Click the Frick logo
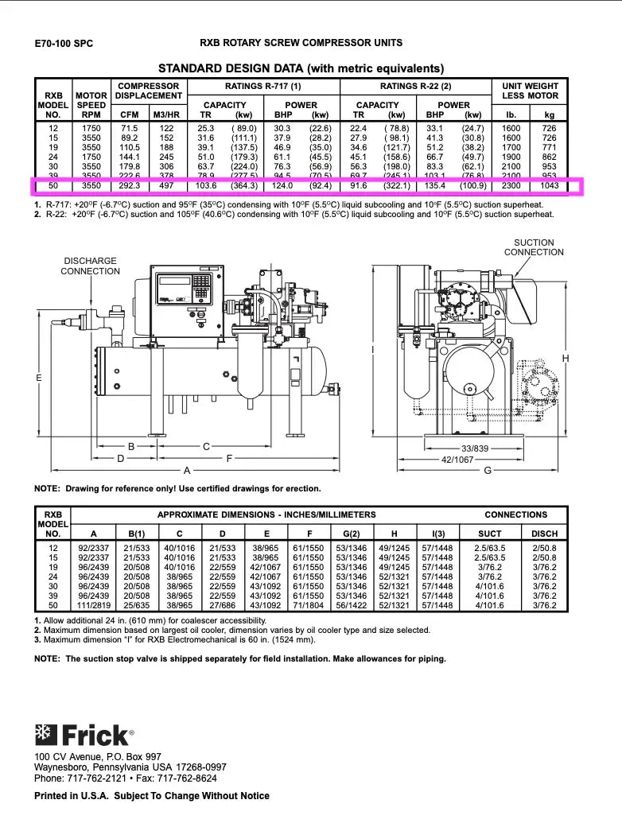84,733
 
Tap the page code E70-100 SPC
64,44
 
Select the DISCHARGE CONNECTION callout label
90,266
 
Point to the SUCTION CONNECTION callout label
534,247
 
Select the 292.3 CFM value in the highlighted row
129,186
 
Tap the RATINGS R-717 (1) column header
263,86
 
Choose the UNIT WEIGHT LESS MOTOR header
531,91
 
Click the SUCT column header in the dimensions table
489,534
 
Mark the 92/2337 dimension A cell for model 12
94,549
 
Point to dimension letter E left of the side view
38,379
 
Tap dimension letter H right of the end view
566,359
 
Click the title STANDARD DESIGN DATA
301,68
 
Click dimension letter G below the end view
488,470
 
